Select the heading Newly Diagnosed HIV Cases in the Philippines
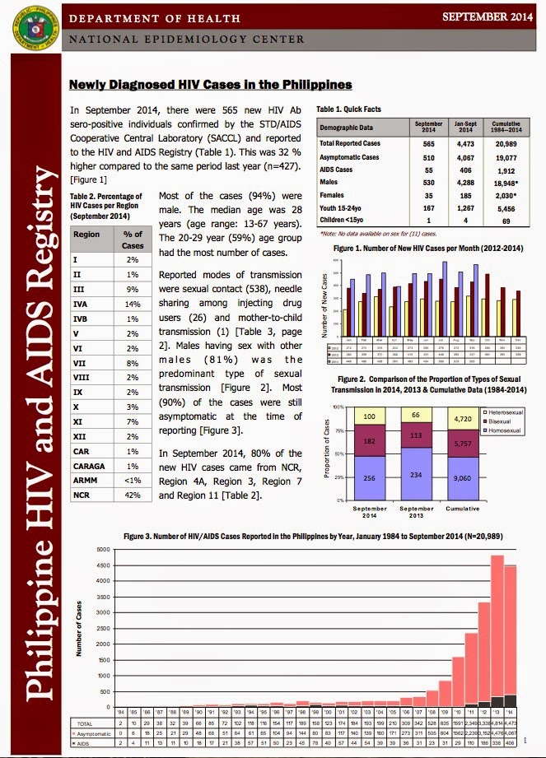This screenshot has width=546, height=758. (210, 85)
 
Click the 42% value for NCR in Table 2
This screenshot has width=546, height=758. (132, 472)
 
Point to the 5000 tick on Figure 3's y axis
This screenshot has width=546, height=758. (103, 549)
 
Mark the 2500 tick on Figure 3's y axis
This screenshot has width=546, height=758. (103, 628)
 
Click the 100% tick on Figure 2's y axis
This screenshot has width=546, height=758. (337, 407)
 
